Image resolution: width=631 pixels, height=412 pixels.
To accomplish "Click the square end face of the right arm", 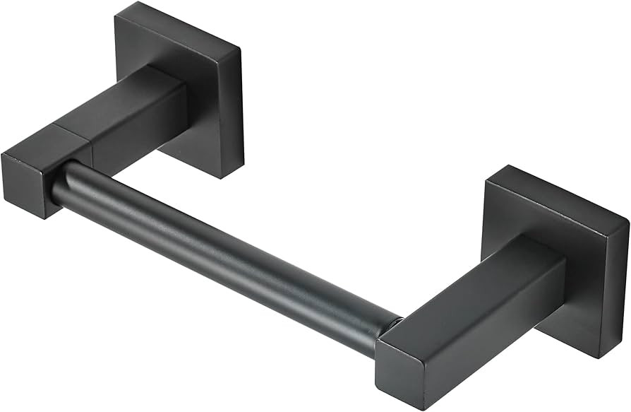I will coord(405,375).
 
